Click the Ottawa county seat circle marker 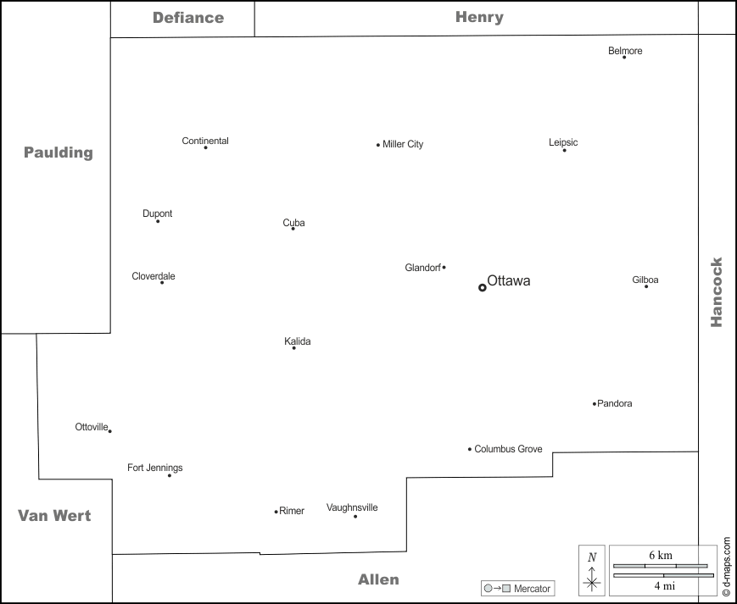click(x=483, y=287)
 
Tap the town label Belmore click(x=625, y=51)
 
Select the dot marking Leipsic click(x=564, y=150)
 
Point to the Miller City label click(x=403, y=144)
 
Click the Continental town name click(x=205, y=141)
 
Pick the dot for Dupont click(x=158, y=221)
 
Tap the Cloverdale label click(x=154, y=276)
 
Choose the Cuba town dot click(x=293, y=229)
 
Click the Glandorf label click(x=422, y=268)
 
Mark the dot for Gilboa click(x=646, y=286)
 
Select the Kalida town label click(x=298, y=341)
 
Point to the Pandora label click(x=615, y=403)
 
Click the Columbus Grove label click(x=508, y=449)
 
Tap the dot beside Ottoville click(x=109, y=431)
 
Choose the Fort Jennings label click(x=155, y=468)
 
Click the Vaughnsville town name click(x=352, y=507)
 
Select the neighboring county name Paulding click(x=58, y=152)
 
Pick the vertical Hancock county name click(x=717, y=292)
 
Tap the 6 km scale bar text click(x=661, y=555)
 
